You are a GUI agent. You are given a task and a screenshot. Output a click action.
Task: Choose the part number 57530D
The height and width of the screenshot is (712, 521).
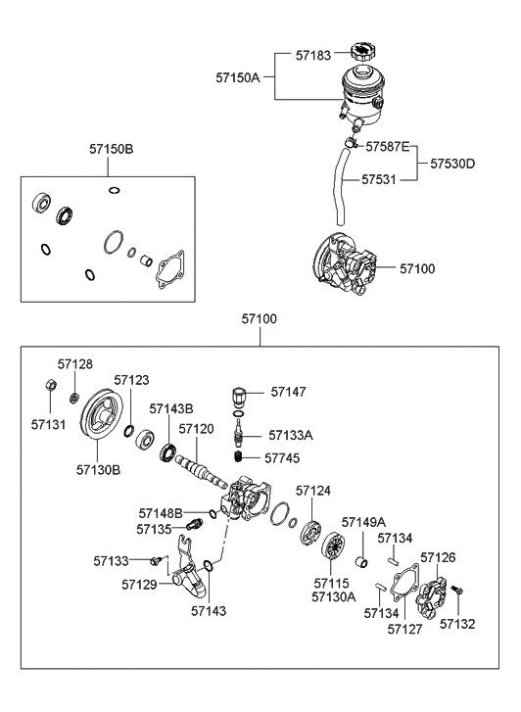pyautogui.click(x=450, y=164)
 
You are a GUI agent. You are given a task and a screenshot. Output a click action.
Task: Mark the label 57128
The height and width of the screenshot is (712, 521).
pyautogui.click(x=74, y=363)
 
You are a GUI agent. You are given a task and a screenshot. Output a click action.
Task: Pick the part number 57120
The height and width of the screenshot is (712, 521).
pyautogui.click(x=197, y=429)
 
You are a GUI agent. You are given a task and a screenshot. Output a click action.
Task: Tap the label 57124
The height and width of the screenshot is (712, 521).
pyautogui.click(x=314, y=490)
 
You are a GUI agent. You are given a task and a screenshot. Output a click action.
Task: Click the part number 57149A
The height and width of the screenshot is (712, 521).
pyautogui.click(x=363, y=523)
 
